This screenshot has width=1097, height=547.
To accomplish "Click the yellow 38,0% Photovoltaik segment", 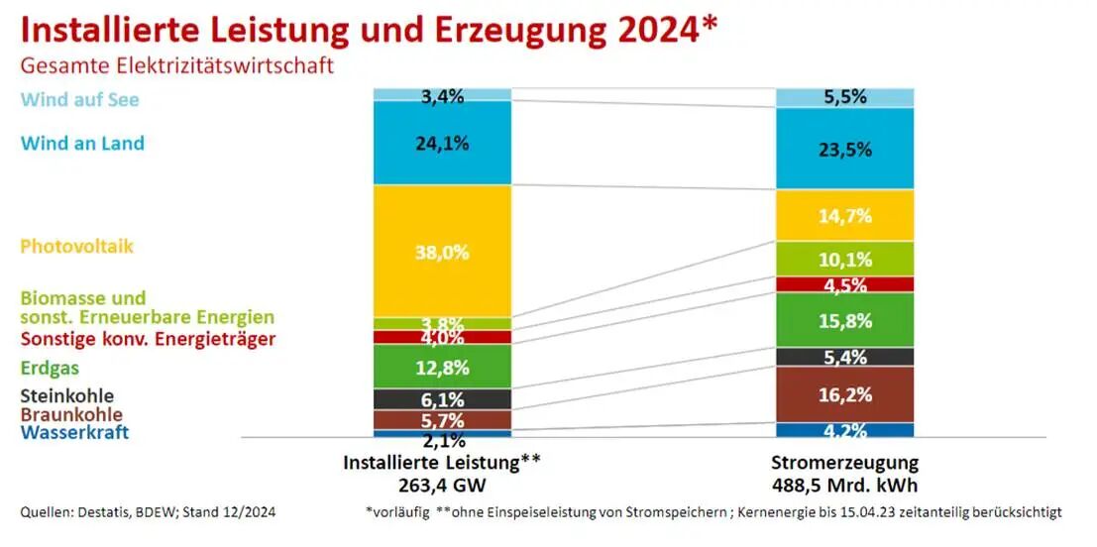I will tap(442, 252).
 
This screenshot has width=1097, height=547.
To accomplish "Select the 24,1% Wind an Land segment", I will tap(442, 143).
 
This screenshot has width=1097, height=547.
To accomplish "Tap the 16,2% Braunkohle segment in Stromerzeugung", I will tap(844, 394).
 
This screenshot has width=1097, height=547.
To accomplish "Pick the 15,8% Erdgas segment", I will tap(844, 320).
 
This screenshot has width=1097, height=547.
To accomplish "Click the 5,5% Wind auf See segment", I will tap(844, 97).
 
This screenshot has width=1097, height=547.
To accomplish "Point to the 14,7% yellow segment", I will tap(844, 215).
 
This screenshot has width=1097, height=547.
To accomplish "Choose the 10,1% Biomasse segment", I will tap(844, 260).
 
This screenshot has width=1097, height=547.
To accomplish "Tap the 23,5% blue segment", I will tap(844, 149).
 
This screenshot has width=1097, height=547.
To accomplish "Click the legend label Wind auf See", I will tap(79, 100).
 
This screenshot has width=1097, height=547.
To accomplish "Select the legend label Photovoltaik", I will tap(76, 247).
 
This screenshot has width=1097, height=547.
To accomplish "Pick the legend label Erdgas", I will tap(50, 369).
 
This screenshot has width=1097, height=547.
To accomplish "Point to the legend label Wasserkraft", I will tap(74, 433).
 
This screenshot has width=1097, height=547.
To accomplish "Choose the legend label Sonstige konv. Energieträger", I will tap(148, 340).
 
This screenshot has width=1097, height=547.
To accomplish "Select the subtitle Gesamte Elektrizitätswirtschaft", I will tap(177, 65).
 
